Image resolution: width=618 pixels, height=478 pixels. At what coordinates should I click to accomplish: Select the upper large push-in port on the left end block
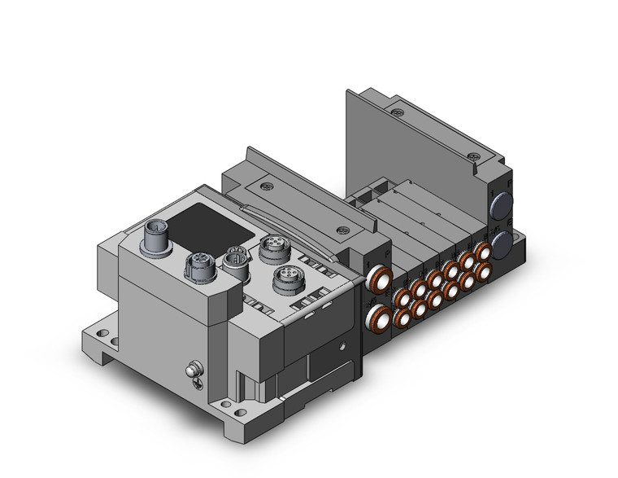[x=376, y=283]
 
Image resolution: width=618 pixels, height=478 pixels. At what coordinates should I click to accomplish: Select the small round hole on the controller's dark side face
[x=346, y=345]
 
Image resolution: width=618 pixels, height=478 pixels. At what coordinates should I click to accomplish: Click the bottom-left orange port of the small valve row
[x=402, y=319]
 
